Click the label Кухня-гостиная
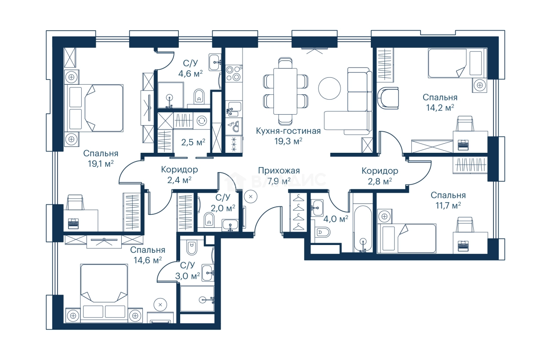tap(288, 131)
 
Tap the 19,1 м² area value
tap(101, 164)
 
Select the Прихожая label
tap(279, 170)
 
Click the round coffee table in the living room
tap(330, 89)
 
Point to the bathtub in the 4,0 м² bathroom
tap(363, 229)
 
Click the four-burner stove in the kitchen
tap(233, 73)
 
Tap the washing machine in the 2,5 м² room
tap(202, 121)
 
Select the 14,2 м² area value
tap(440, 108)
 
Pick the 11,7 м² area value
tap(448, 205)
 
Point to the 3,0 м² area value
tap(188, 276)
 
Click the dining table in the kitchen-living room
tap(285, 91)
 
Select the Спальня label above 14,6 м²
tap(148, 250)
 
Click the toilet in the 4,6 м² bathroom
tap(199, 96)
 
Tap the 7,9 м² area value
tap(279, 181)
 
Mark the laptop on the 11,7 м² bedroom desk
tap(463, 246)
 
